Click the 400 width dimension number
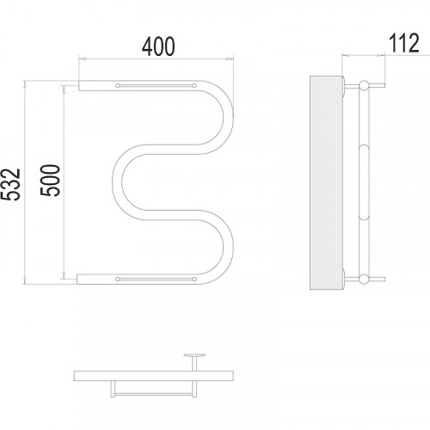158,46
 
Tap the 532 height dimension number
10,184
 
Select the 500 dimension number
51,181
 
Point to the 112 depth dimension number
404,43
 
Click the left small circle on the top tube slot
117,85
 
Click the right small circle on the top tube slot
194,85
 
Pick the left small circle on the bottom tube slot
117,279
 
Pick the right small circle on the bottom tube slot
194,279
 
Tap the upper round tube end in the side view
365,86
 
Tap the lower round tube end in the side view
365,279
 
